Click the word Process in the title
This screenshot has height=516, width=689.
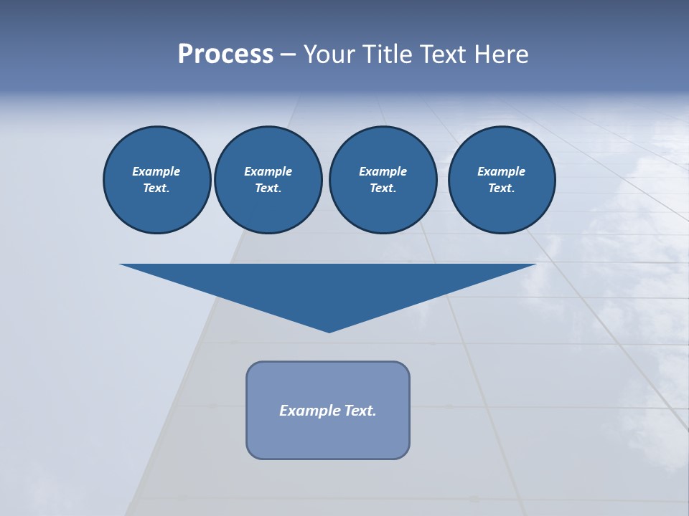click(225, 54)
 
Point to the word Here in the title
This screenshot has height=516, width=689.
click(505, 54)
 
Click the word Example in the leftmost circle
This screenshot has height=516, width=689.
click(156, 171)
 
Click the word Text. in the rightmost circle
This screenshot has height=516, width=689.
click(501, 188)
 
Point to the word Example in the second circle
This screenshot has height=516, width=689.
click(268, 171)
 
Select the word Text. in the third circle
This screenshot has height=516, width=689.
click(383, 188)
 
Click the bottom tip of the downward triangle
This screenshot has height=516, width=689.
click(329, 330)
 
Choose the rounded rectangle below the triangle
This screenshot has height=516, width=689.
click(328, 437)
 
